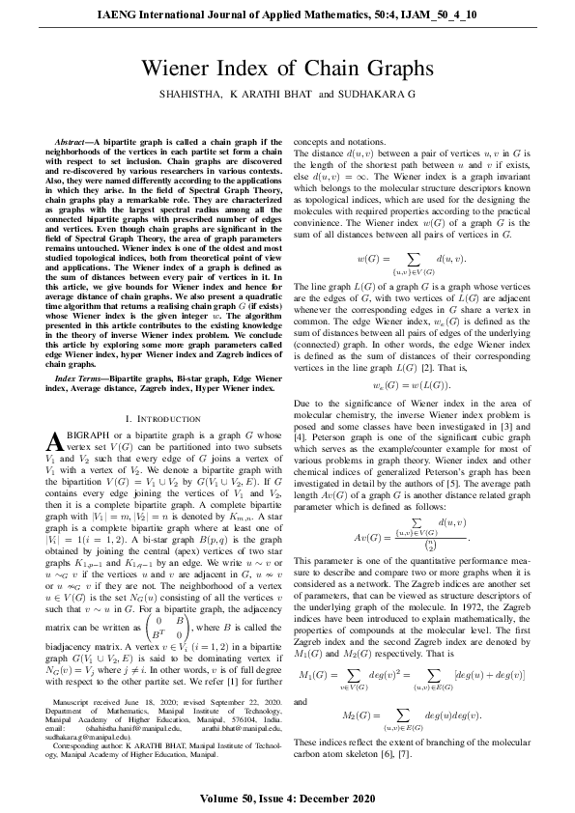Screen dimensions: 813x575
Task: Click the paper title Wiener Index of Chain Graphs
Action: click(x=287, y=70)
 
